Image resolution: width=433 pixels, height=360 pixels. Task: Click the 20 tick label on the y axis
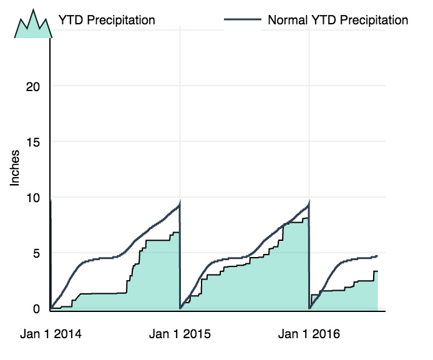pos(32,86)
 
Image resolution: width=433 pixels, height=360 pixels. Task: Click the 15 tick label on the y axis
pos(32,142)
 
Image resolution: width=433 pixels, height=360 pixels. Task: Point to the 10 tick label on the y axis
pos(32,198)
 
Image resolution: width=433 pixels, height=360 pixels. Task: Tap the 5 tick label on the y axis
pos(36,253)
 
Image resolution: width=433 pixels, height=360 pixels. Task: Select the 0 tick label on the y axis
pos(36,309)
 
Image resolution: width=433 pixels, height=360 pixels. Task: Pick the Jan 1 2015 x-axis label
pos(180,334)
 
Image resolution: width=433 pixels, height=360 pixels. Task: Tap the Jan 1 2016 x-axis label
pos(309,334)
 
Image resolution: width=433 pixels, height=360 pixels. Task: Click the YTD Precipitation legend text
pos(107,20)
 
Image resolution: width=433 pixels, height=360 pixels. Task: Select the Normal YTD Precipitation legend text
pos(338,20)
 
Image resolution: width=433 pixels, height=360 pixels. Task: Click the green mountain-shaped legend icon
pos(33,25)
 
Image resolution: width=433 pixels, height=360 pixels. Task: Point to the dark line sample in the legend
pos(242,20)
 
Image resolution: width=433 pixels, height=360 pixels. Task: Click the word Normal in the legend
pos(288,20)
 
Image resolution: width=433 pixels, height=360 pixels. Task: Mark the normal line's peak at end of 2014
pos(180,203)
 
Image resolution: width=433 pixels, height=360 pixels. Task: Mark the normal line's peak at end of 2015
pos(309,203)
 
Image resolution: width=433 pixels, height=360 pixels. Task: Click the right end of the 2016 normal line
pos(377,256)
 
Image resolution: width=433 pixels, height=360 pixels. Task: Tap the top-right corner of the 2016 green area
pos(377,271)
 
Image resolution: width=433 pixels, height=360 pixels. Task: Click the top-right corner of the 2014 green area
pos(179,233)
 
